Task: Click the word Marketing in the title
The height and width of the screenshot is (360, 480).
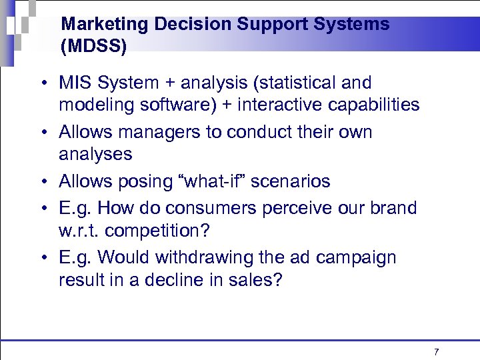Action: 105,25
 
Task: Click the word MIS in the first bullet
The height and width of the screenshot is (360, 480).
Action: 75,83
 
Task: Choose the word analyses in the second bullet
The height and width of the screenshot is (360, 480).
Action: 95,155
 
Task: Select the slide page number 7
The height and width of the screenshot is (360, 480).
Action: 436,351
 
